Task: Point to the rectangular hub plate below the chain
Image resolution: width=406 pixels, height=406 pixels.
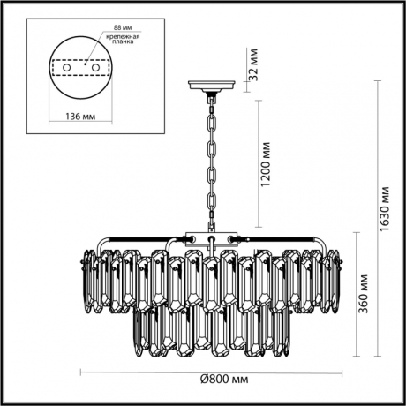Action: pos(209,237)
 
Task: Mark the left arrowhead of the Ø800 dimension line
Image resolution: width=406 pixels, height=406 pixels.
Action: pos(82,371)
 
